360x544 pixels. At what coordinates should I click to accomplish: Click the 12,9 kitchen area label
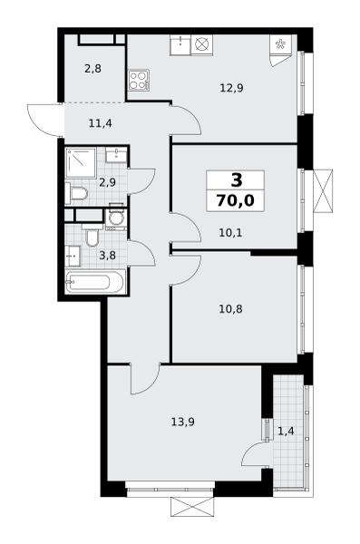[x=231, y=88]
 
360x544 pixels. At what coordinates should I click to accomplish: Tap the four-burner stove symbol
[x=139, y=80]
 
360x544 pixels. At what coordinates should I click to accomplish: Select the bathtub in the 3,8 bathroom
[x=95, y=282]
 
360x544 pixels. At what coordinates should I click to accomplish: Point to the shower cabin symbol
[x=81, y=162]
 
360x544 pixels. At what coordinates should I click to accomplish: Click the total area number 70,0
[x=235, y=200]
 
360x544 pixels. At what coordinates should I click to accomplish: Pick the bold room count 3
[x=237, y=180]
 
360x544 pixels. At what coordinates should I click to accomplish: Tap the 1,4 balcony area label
[x=286, y=432]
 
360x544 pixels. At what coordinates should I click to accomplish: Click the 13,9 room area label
[x=182, y=422]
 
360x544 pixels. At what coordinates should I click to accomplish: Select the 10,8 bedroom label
[x=230, y=308]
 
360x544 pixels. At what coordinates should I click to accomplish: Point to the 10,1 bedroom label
[x=230, y=233]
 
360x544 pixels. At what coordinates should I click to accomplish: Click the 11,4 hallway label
[x=101, y=123]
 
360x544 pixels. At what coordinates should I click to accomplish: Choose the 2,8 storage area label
[x=92, y=69]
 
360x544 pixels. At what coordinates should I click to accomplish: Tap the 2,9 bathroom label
[x=107, y=182]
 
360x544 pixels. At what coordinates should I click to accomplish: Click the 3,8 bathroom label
[x=107, y=256]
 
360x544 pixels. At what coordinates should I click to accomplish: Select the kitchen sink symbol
[x=180, y=44]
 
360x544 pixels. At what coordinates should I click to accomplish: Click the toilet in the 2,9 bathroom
[x=76, y=194]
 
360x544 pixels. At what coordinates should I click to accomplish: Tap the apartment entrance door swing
[x=44, y=120]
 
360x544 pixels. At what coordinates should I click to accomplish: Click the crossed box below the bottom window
[x=192, y=507]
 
